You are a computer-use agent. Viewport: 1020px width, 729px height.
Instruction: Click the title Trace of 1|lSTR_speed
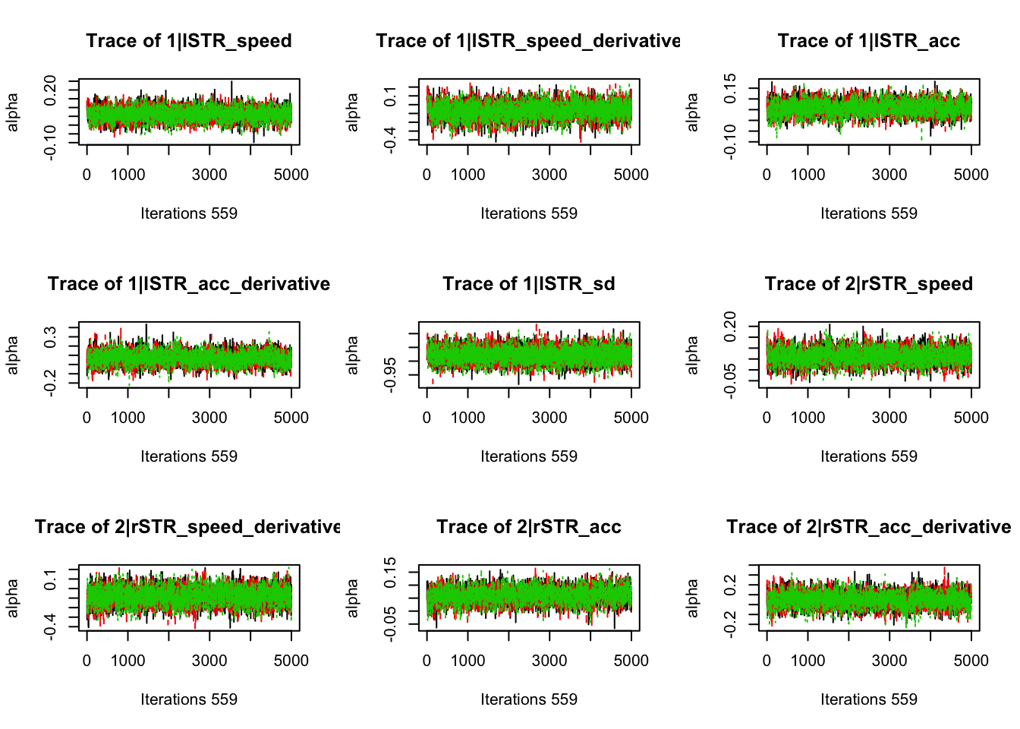pyautogui.click(x=188, y=41)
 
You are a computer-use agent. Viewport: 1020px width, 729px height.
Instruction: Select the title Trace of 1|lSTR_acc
pyautogui.click(x=868, y=41)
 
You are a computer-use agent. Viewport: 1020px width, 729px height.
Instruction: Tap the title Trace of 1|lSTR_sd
pyautogui.click(x=528, y=284)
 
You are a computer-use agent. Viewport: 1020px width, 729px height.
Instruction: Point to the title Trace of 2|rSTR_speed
pyautogui.click(x=868, y=284)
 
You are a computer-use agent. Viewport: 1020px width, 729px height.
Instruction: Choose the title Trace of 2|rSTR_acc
pyautogui.click(x=528, y=527)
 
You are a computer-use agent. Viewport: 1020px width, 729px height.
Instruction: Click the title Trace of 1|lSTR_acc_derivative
pyautogui.click(x=188, y=284)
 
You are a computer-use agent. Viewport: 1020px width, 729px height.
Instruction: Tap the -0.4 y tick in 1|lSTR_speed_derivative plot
pyautogui.click(x=391, y=140)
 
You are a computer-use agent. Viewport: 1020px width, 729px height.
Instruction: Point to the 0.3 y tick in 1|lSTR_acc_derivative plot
pyautogui.click(x=51, y=336)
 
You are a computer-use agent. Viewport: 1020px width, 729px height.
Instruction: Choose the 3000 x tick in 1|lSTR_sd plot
pyautogui.click(x=549, y=418)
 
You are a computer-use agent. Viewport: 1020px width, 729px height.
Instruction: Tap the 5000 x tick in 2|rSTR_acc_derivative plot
pyautogui.click(x=971, y=661)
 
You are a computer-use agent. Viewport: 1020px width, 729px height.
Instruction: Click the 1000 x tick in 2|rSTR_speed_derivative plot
pyautogui.click(x=127, y=661)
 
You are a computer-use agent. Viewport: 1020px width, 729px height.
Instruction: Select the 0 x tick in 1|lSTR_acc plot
pyautogui.click(x=767, y=175)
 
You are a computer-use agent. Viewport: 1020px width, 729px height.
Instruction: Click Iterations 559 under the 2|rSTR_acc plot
pyautogui.click(x=528, y=699)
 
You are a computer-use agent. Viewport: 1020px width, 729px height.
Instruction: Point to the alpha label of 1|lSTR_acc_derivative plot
pyautogui.click(x=13, y=355)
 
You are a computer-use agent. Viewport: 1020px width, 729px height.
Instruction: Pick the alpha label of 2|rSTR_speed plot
pyautogui.click(x=693, y=355)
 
